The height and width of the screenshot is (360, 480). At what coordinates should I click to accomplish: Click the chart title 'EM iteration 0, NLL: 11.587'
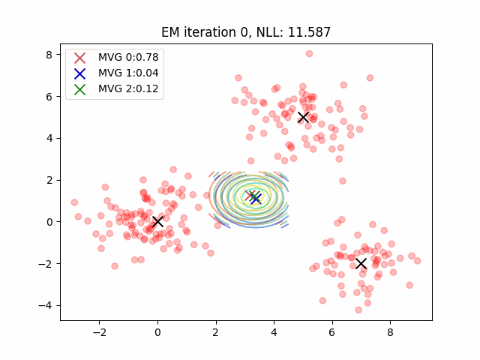click(246, 32)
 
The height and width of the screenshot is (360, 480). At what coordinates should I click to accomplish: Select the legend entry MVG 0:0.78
click(128, 57)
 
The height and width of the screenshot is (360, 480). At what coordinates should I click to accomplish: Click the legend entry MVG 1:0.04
click(128, 73)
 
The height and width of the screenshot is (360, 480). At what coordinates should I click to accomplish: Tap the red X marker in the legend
click(80, 57)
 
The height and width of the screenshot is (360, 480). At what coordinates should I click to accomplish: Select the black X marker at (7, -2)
click(361, 263)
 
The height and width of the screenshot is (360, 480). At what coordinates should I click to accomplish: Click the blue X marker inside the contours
click(256, 198)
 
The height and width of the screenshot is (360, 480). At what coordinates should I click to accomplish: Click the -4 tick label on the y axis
click(46, 305)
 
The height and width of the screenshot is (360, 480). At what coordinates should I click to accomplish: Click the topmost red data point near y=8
click(309, 54)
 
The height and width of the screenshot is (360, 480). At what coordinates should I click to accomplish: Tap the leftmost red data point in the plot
click(74, 202)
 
